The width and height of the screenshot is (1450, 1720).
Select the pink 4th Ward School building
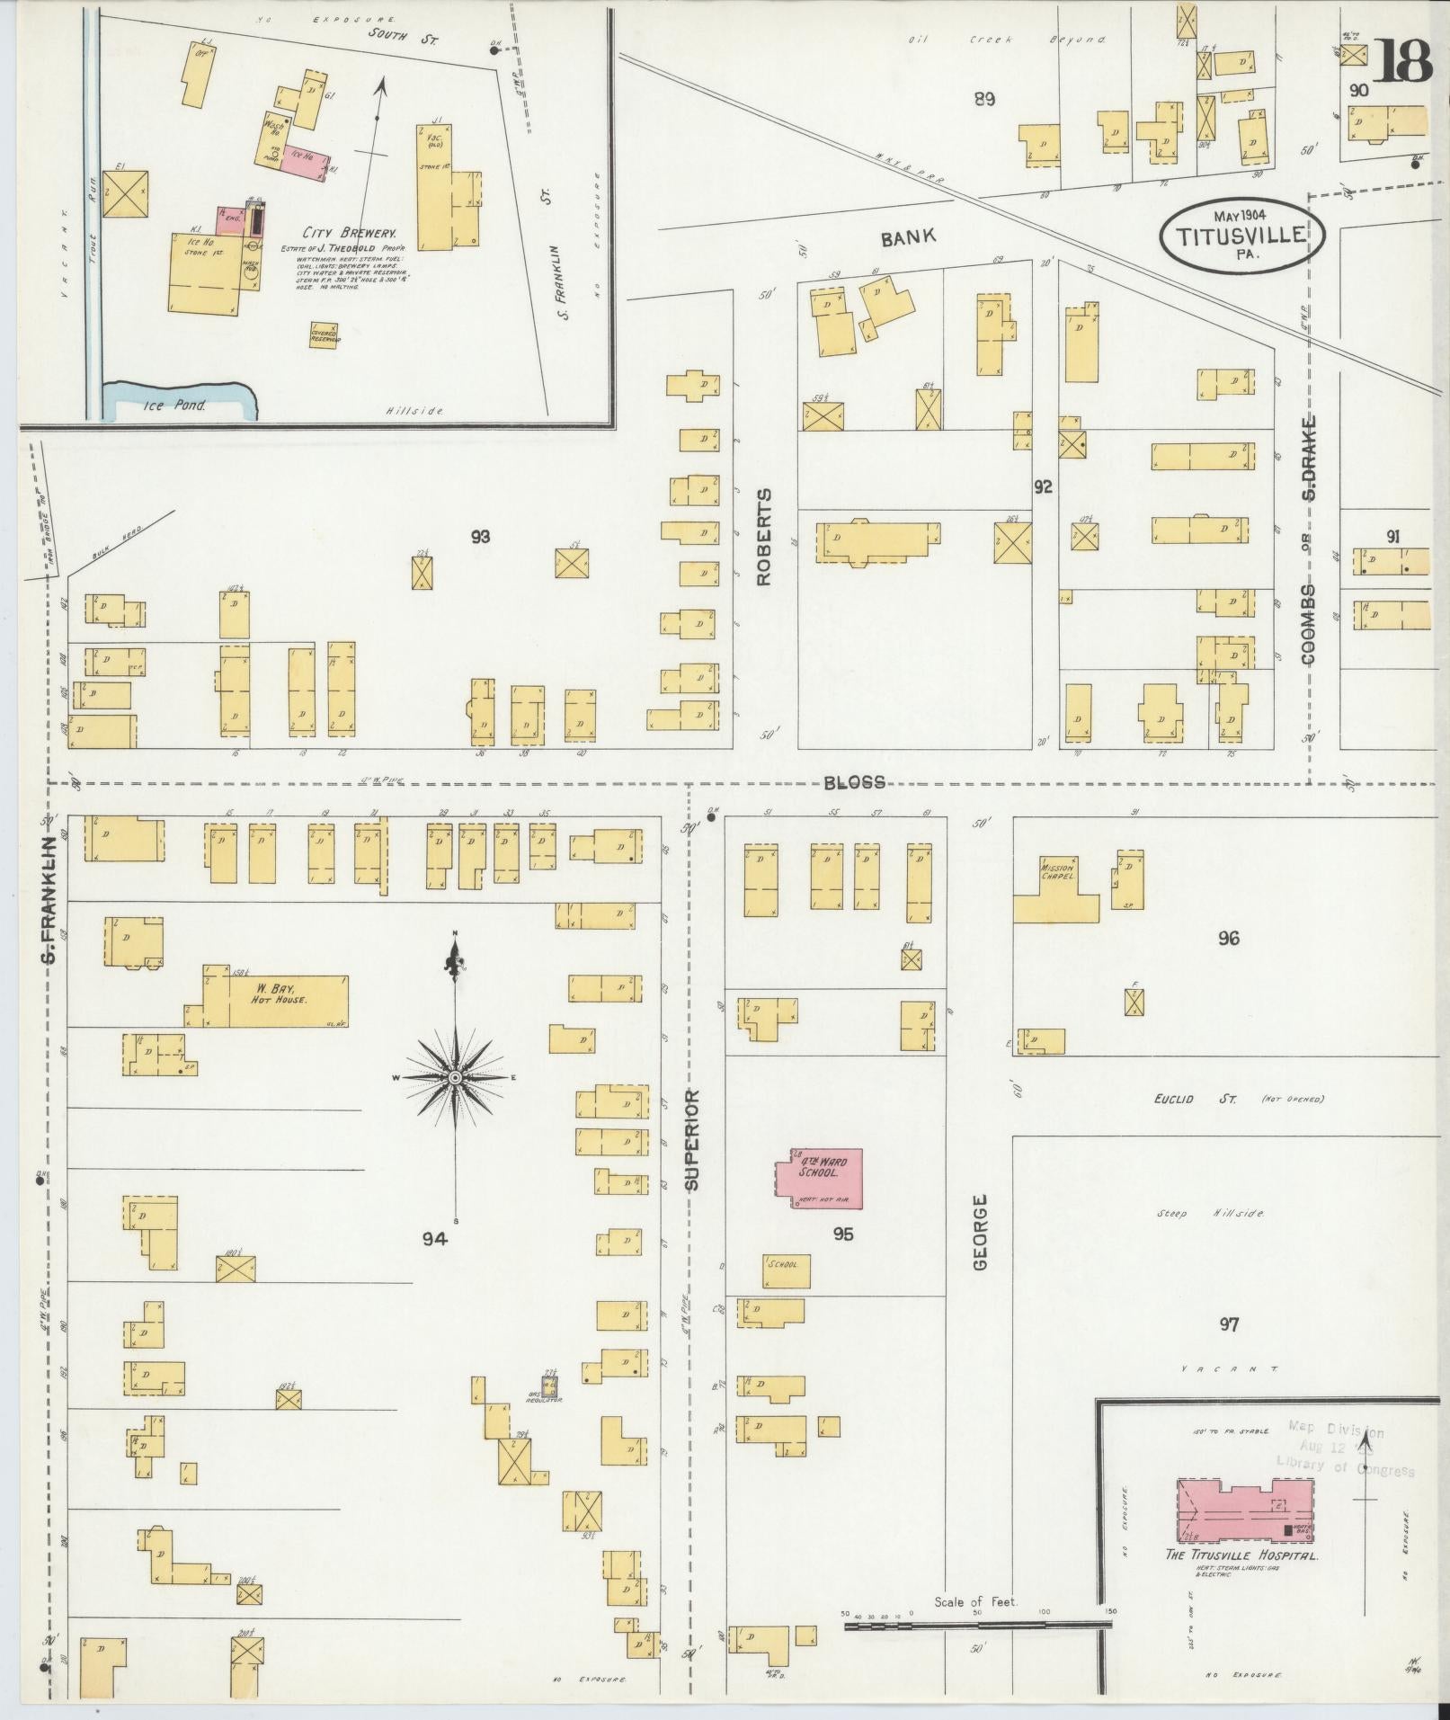pyautogui.click(x=819, y=1178)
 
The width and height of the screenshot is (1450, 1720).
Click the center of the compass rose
pyautogui.click(x=456, y=1077)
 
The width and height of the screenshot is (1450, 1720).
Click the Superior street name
pyautogui.click(x=691, y=1140)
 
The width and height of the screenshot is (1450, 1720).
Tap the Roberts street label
pyautogui.click(x=764, y=537)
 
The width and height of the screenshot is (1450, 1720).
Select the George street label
pyautogui.click(x=980, y=1244)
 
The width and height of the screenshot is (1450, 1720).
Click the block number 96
pyautogui.click(x=1229, y=939)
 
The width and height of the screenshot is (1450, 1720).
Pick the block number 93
pyautogui.click(x=480, y=537)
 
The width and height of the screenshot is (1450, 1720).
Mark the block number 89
pyautogui.click(x=984, y=99)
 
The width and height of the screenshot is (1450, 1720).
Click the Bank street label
pyautogui.click(x=908, y=237)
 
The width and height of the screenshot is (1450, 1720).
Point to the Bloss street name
pyautogui.click(x=854, y=782)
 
